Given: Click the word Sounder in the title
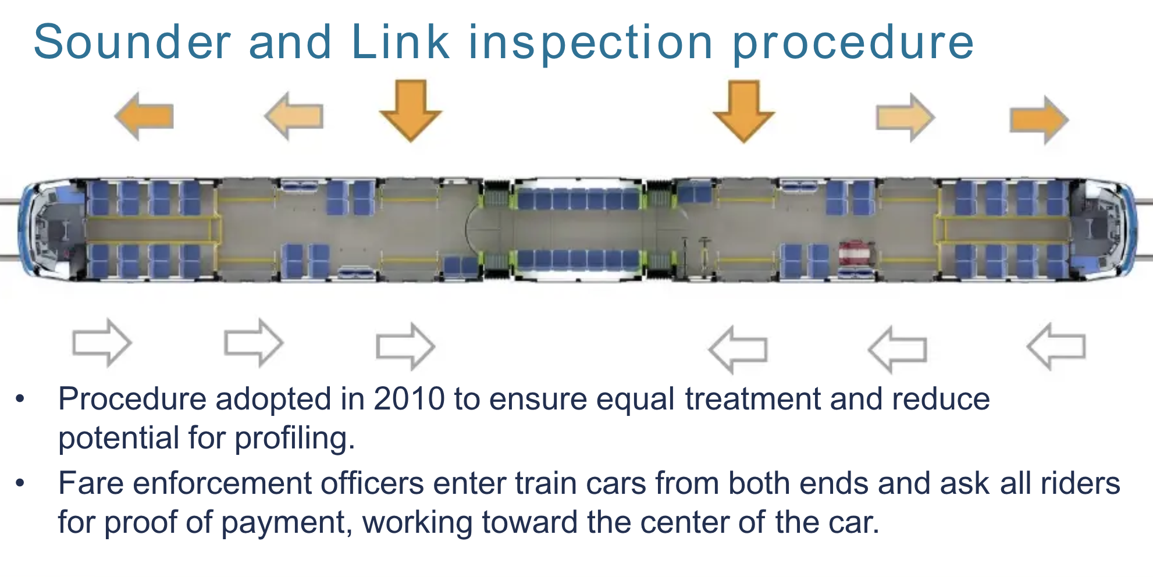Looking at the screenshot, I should coord(133,42).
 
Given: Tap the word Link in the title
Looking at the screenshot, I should coord(400,42).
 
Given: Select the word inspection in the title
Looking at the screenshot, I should coord(590,43).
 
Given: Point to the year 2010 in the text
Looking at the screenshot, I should coord(409,400).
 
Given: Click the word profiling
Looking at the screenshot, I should coord(295,438).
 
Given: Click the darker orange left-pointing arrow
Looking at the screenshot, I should coord(145,116).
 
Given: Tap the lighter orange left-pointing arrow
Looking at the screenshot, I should coord(294,116).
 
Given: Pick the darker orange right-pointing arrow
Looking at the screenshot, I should coord(1038,120).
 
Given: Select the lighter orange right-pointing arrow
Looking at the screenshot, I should coord(905,117).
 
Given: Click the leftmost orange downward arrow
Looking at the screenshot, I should coord(411,111).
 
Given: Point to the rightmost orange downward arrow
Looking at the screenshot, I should coord(744,111).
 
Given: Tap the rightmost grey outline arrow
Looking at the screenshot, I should coord(1056,347).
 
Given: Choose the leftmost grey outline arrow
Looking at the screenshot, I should coord(102,343).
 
